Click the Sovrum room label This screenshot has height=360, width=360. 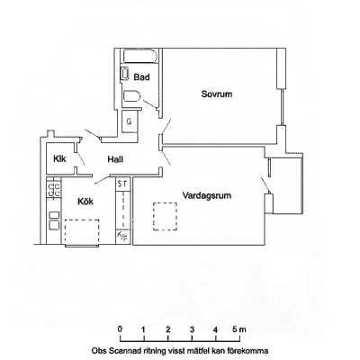click(217, 94)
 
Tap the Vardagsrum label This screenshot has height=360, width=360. click(207, 196)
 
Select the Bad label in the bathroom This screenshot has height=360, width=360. click(141, 77)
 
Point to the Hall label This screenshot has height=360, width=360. click(115, 159)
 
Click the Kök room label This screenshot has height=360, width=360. click(85, 201)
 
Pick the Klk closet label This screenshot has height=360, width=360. click(59, 158)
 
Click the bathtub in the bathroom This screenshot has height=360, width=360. click(140, 56)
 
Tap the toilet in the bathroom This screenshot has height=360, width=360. click(132, 96)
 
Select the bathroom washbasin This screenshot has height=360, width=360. click(125, 74)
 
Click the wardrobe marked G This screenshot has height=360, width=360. click(130, 121)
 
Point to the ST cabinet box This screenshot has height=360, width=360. click(122, 184)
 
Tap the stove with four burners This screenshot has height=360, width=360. click(54, 191)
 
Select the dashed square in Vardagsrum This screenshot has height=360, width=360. click(165, 216)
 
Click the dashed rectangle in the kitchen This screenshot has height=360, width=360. click(82, 233)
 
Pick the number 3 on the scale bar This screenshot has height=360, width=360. click(192, 329)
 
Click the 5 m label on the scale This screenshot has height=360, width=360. click(239, 329)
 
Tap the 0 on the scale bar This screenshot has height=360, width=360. click(121, 328)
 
